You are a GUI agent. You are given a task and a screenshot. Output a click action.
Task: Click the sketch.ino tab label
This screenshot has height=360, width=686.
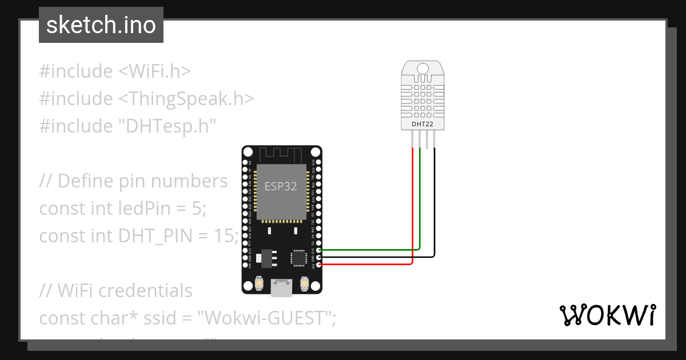pyautogui.click(x=101, y=25)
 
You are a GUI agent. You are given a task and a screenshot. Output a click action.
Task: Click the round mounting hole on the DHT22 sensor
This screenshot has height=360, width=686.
pyautogui.click(x=423, y=69)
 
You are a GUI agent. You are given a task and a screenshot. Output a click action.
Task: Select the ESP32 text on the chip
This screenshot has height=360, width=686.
pyautogui.click(x=280, y=186)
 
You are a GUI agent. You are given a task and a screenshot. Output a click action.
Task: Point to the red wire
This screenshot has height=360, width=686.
pyautogui.click(x=413, y=217)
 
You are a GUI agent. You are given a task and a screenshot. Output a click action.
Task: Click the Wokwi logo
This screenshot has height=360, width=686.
pyautogui.click(x=607, y=315)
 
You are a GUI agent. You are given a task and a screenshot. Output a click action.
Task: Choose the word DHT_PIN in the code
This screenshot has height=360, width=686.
pyautogui.click(x=151, y=235)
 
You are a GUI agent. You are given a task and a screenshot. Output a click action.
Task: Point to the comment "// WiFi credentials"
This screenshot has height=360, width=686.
pyautogui.click(x=116, y=290)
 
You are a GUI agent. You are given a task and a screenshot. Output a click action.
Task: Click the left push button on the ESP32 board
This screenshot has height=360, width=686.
pyautogui.click(x=260, y=284)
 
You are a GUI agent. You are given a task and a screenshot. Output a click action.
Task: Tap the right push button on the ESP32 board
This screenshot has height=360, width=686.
pyautogui.click(x=304, y=284)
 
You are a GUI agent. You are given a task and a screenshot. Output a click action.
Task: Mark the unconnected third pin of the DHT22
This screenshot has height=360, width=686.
pyautogui.click(x=427, y=138)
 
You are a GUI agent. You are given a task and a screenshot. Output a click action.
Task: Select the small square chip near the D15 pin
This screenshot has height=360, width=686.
pyautogui.click(x=299, y=257)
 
